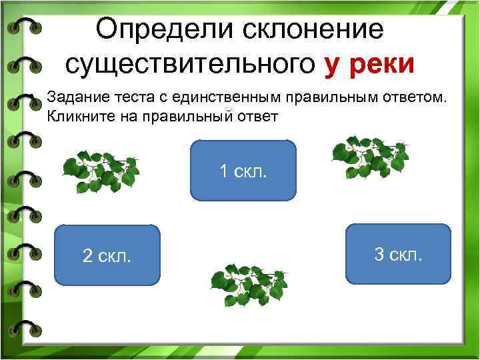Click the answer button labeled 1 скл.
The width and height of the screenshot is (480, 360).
click(x=243, y=171)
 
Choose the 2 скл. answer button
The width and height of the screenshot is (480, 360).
click(x=107, y=255)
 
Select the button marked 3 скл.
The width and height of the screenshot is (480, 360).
click(x=399, y=254)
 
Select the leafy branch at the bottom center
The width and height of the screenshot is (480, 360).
click(x=249, y=285)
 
